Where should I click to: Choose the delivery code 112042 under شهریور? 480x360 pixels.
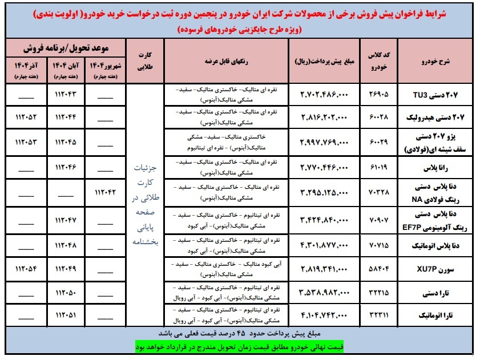(106, 193)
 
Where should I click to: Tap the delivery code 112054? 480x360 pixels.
(26, 269)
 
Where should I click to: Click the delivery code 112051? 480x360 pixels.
(67, 315)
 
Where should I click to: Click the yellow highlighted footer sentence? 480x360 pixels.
(240, 346)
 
